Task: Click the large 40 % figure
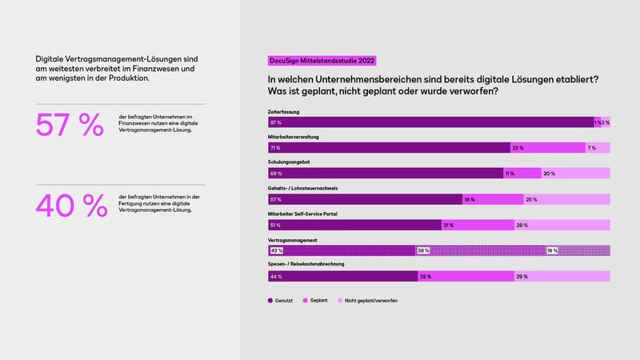[71, 206]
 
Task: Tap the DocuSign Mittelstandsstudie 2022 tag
[321, 61]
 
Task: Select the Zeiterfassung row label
[284, 112]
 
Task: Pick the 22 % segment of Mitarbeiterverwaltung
[518, 148]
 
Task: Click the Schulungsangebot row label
[289, 163]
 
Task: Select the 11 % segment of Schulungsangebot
[510, 174]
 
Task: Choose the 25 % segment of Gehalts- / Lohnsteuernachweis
[530, 199]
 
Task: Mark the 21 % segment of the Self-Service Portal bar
[449, 225]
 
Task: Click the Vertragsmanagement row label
[292, 240]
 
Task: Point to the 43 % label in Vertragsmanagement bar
[276, 250]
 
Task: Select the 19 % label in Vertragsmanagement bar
[552, 250]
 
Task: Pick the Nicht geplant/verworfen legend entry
[370, 301]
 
